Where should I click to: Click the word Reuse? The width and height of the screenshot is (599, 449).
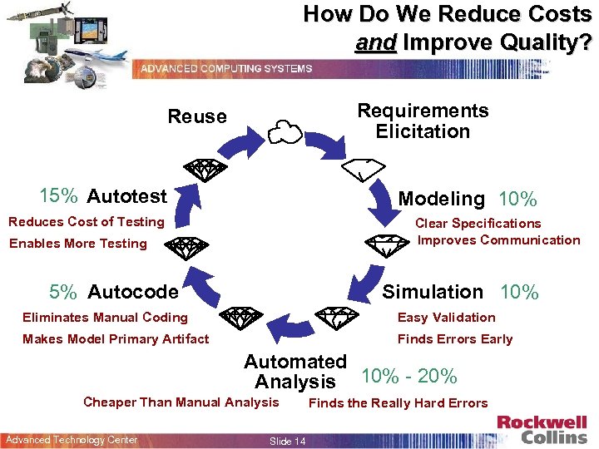click(197, 116)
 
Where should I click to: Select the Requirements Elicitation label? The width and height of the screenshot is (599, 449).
click(423, 121)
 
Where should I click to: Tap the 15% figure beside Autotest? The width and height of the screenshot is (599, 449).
click(59, 196)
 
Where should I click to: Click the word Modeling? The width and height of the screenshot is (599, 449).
click(441, 199)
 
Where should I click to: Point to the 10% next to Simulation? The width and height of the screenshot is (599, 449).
click(519, 292)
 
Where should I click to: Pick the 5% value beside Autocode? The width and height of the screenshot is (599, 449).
click(63, 292)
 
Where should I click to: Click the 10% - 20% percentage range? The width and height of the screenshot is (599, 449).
click(409, 376)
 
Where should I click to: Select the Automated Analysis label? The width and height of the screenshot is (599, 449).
click(295, 372)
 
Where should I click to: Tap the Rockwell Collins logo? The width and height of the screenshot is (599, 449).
click(542, 430)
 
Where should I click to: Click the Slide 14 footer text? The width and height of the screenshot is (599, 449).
click(288, 441)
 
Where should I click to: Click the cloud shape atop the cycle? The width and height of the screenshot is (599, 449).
click(285, 131)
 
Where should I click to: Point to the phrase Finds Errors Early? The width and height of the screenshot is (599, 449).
click(455, 339)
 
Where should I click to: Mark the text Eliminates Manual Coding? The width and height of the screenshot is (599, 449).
click(105, 318)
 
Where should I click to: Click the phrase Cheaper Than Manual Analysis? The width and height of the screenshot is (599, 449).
click(181, 402)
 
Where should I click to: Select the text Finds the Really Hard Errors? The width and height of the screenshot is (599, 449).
click(399, 403)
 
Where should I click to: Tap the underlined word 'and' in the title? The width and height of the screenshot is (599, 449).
click(375, 42)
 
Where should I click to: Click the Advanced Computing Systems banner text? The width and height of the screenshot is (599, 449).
click(226, 69)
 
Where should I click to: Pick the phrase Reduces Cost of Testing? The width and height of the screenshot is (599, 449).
click(87, 222)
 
